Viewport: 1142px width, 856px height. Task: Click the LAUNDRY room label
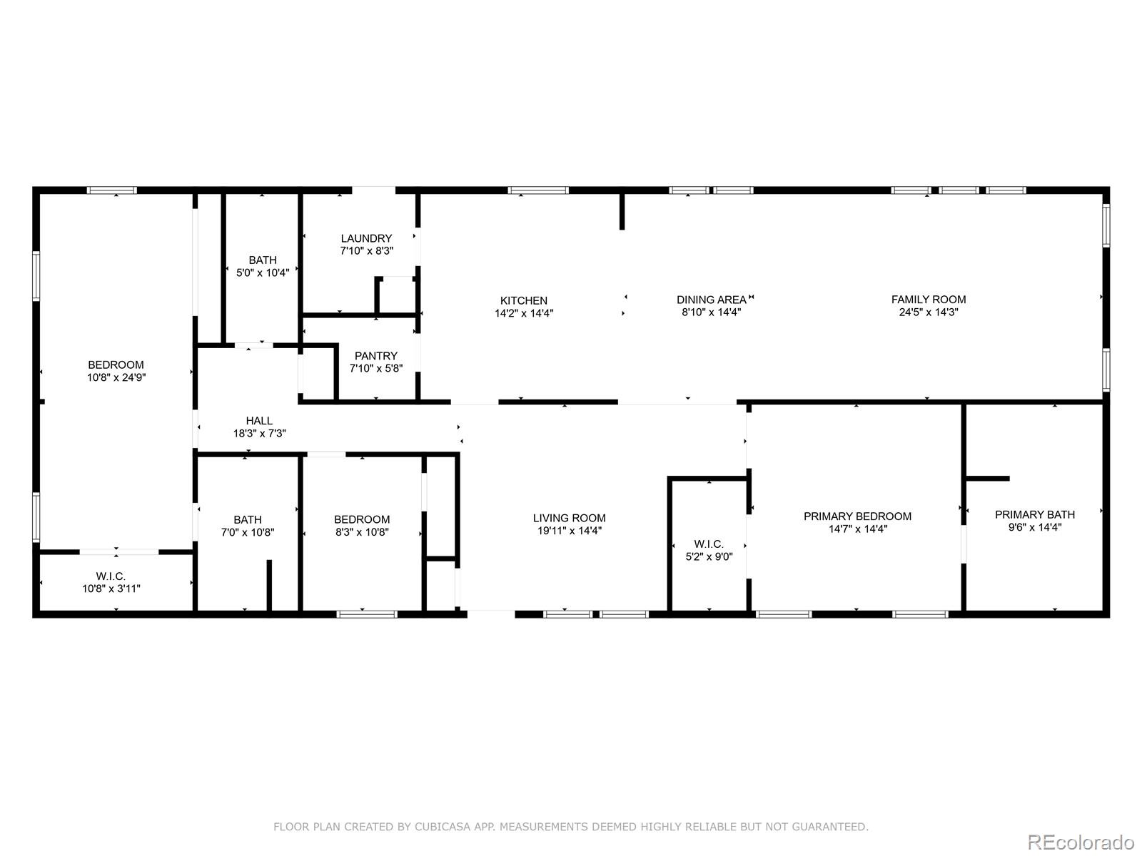tap(366, 238)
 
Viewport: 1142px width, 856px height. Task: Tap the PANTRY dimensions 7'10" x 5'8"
tap(376, 369)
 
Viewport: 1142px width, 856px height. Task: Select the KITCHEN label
tap(524, 300)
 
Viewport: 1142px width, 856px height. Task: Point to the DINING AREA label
tap(711, 300)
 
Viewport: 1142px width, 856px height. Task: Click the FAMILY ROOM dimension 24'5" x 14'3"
tap(928, 312)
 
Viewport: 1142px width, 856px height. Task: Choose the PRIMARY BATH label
tap(1035, 514)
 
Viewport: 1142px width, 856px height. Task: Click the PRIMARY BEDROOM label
tap(857, 516)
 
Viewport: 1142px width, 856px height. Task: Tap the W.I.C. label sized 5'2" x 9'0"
tap(709, 544)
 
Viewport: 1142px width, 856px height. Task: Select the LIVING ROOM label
tap(569, 518)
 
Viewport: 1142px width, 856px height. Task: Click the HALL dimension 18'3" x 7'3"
tap(259, 433)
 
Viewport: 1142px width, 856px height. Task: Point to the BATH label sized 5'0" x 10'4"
tap(263, 260)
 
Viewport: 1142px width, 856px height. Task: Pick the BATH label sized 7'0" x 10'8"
tap(248, 519)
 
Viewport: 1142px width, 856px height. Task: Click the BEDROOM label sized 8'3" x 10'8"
tap(362, 519)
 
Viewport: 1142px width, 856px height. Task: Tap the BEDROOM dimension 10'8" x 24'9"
tap(116, 377)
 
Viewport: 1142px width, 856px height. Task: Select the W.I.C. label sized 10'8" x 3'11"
tap(111, 576)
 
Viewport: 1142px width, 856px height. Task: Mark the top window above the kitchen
tap(538, 190)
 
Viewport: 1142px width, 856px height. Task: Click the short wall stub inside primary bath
tap(988, 478)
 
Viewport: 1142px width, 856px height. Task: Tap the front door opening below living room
tap(491, 612)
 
